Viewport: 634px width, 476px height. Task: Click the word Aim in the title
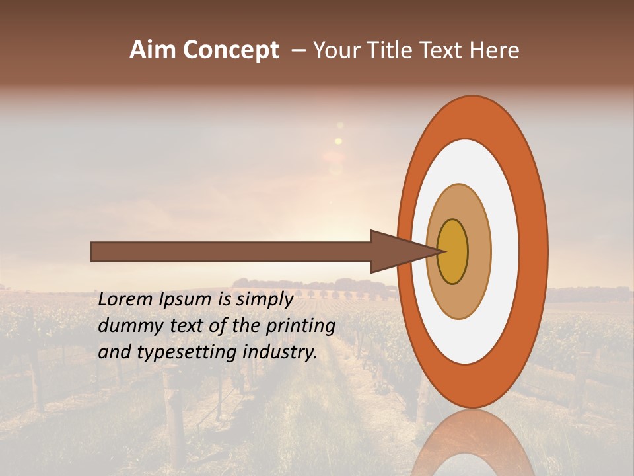[153, 50]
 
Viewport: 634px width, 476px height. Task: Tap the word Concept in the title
[230, 51]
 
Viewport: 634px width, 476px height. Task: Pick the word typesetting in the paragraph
[181, 352]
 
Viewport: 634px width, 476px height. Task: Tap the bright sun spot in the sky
[338, 141]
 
